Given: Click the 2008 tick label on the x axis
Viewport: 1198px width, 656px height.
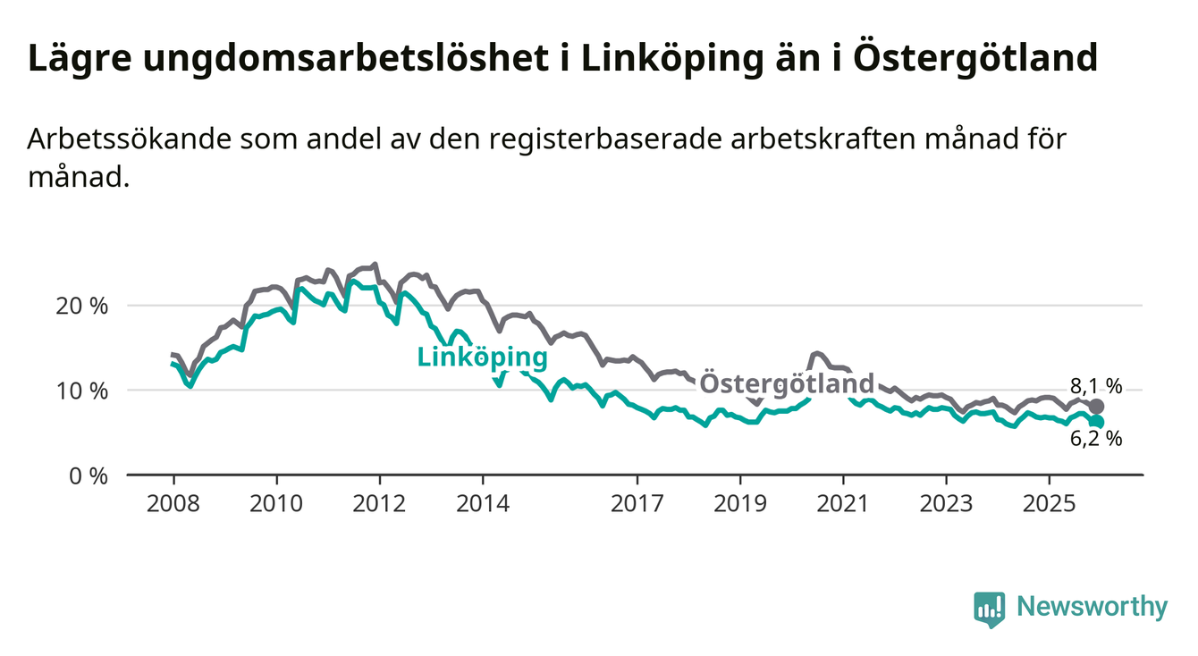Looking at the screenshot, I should tap(173, 504).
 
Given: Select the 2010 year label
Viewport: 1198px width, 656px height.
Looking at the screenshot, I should tap(276, 504).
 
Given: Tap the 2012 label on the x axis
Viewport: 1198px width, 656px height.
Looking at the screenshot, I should tap(379, 504).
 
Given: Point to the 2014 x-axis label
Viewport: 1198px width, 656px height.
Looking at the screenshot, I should tap(483, 504).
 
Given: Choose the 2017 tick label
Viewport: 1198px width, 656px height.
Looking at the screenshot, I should tap(637, 504).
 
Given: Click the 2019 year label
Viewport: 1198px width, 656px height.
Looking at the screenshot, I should tap(740, 504).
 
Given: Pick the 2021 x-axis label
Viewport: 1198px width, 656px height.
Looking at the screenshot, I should tap(844, 504).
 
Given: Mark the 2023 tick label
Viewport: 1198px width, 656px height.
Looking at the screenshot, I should tap(947, 504).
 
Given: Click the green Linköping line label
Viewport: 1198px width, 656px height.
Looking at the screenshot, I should tap(482, 357).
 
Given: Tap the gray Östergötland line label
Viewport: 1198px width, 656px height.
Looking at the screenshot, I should tap(786, 383).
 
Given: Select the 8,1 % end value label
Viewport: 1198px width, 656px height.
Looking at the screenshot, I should tap(1095, 387).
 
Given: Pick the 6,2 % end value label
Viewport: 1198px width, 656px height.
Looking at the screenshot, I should tap(1095, 439).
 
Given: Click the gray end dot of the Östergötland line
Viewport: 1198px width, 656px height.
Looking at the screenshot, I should tap(1097, 407).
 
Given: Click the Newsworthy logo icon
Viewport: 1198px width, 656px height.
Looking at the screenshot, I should tap(990, 609).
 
